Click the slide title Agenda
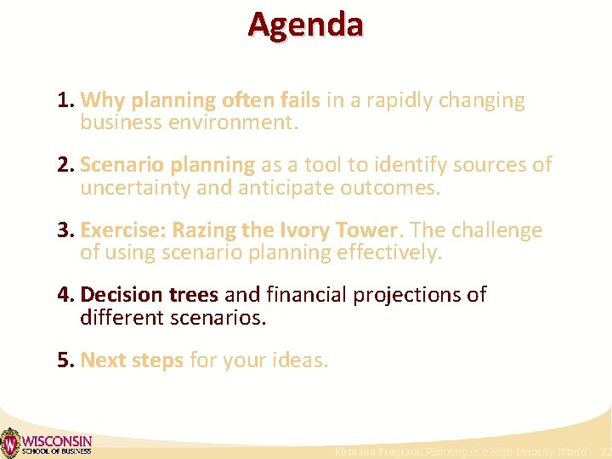point(305,25)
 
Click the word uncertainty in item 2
point(135,187)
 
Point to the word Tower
point(366,230)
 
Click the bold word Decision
point(121,295)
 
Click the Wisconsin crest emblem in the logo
point(9,443)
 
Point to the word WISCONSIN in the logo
point(56,439)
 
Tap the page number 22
point(603,451)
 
